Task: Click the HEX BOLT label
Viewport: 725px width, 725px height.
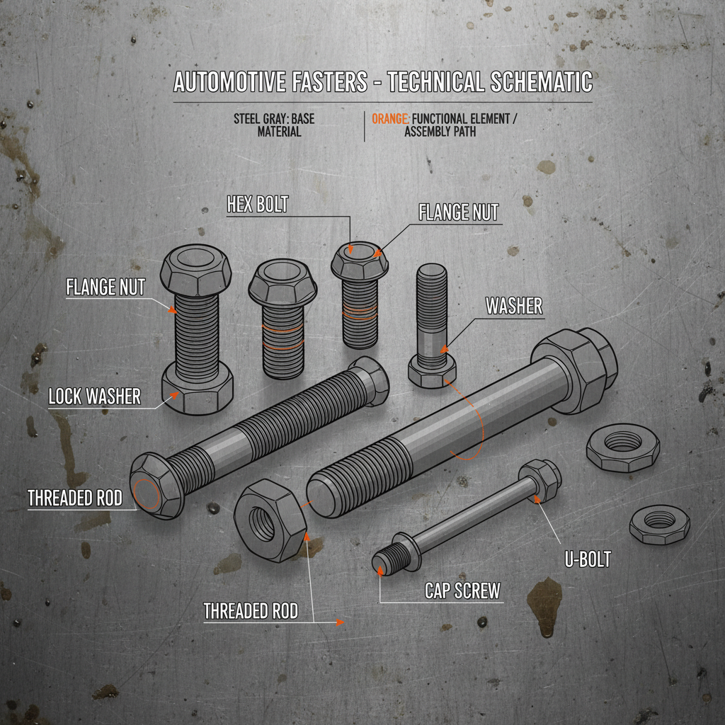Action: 258,205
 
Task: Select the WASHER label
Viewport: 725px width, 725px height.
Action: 514,306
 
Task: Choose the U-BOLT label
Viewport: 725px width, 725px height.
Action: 588,559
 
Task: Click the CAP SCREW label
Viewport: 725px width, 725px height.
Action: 463,590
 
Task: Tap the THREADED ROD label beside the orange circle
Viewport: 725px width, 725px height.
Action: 74,498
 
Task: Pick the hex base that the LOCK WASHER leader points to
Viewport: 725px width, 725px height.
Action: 198,389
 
